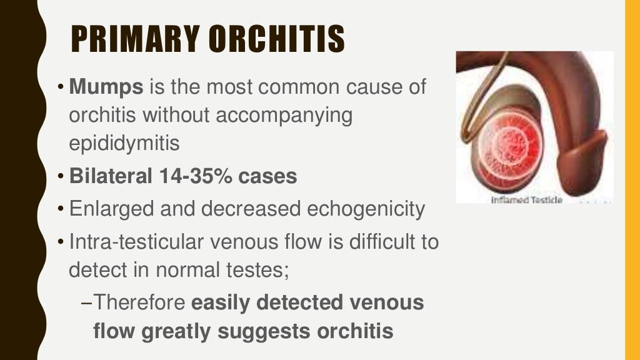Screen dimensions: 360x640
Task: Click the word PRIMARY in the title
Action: coord(137,39)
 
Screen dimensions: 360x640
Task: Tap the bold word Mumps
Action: coord(106,87)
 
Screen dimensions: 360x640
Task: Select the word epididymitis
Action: coord(124,144)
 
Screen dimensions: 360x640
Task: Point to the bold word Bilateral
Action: coord(110,177)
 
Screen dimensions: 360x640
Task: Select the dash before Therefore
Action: coord(87,303)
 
